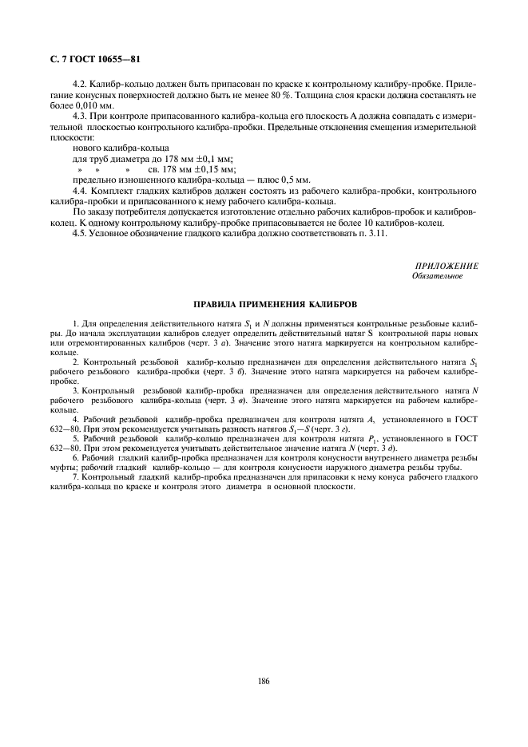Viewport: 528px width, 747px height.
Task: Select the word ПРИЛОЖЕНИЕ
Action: (x=447, y=265)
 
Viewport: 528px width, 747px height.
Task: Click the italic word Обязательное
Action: (x=437, y=275)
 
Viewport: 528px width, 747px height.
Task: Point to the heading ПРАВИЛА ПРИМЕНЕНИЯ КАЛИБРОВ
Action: (x=264, y=305)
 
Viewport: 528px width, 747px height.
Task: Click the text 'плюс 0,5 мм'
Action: (x=264, y=180)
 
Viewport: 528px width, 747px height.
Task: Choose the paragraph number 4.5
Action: (x=81, y=233)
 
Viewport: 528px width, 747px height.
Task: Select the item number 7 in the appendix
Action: (x=74, y=476)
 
